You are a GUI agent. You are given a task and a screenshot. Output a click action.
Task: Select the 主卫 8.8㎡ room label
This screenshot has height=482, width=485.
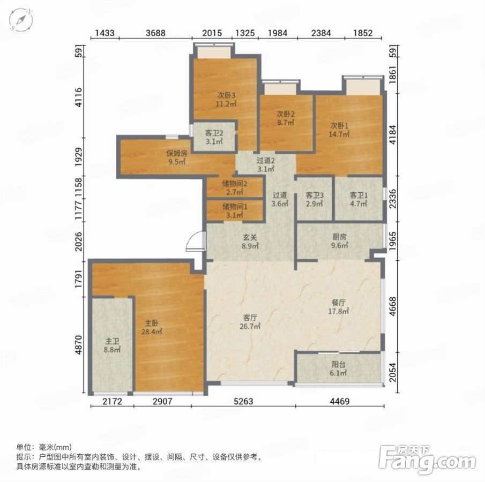(113, 345)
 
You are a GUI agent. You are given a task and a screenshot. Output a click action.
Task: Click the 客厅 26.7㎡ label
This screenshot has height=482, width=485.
(250, 322)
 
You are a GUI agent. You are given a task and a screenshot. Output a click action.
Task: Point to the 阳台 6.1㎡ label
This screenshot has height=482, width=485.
(338, 368)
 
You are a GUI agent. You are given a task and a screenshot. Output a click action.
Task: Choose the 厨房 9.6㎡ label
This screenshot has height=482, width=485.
(339, 241)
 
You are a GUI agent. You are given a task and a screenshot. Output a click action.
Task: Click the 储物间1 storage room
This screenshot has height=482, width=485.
(235, 210)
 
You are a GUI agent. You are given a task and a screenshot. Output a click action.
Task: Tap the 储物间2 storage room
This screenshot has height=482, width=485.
(235, 187)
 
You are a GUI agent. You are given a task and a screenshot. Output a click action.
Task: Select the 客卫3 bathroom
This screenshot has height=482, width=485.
(314, 199)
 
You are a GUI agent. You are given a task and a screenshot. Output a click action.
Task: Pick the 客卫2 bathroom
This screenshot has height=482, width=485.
(214, 137)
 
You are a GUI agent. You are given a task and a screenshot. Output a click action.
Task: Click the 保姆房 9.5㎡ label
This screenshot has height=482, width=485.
(177, 157)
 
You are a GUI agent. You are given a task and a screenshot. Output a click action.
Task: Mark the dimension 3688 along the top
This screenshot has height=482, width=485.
(155, 33)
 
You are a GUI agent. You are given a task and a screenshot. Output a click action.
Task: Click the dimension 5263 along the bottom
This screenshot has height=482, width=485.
(243, 401)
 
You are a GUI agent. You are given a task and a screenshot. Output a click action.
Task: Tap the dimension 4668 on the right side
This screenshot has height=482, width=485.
(392, 306)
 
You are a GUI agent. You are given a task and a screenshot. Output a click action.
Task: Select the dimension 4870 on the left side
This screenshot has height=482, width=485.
(79, 344)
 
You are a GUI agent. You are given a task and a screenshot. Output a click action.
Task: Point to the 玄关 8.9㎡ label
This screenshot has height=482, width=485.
(250, 242)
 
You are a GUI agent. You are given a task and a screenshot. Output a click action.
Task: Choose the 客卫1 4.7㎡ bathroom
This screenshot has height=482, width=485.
(359, 199)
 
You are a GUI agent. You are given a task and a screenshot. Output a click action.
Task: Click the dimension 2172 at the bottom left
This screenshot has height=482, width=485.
(113, 401)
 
